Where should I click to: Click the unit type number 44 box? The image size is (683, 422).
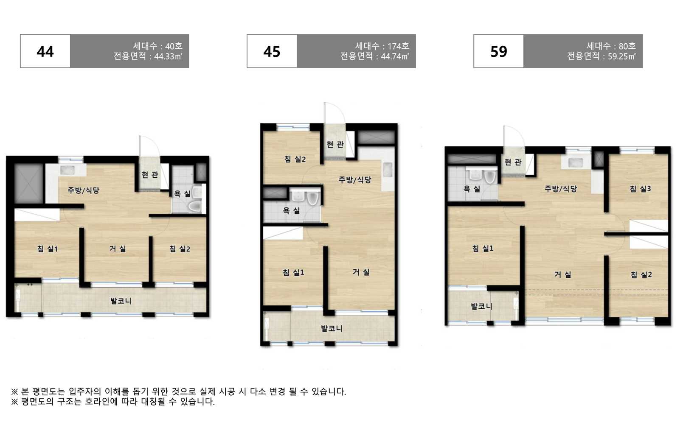coord(45,51)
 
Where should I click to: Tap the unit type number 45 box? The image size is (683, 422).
coord(272,51)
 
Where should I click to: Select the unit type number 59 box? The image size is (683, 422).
coord(498,51)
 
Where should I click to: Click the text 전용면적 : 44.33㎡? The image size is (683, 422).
coord(148,56)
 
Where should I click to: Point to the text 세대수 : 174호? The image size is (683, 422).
coord(382,46)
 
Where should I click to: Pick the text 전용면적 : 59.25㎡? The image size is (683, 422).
coord(601,56)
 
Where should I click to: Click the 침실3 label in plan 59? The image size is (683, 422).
coord(640,189)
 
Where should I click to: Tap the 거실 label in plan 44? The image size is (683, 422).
coord(118,249)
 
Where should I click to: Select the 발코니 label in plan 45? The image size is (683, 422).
coord(332,328)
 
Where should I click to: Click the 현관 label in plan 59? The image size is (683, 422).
coord(513,162)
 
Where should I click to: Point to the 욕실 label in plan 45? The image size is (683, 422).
coord(292,210)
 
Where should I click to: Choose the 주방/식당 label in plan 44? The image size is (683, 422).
coord(83,190)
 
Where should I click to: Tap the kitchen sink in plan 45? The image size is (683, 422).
coord(388,170)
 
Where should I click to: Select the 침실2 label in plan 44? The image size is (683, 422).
coord(180,249)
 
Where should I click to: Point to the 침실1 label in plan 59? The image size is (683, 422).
coord(483,249)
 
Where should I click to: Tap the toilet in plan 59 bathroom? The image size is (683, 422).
coord(490,177)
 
